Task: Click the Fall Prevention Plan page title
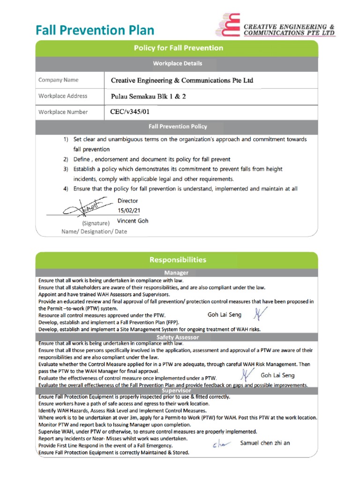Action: coord(95,30)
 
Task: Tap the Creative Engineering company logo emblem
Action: coord(228,25)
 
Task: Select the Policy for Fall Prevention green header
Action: coord(179,48)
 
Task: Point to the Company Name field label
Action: coord(59,80)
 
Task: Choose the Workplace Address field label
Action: coord(63,96)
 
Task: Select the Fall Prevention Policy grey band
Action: coord(178,127)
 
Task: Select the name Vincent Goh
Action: coord(133,221)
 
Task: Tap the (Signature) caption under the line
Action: coord(96,223)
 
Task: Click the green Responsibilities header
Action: coord(177,259)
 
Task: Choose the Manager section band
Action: coord(176,272)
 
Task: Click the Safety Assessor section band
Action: coord(177,337)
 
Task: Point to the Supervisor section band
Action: coord(176,390)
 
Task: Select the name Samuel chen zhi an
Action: coord(265,442)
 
